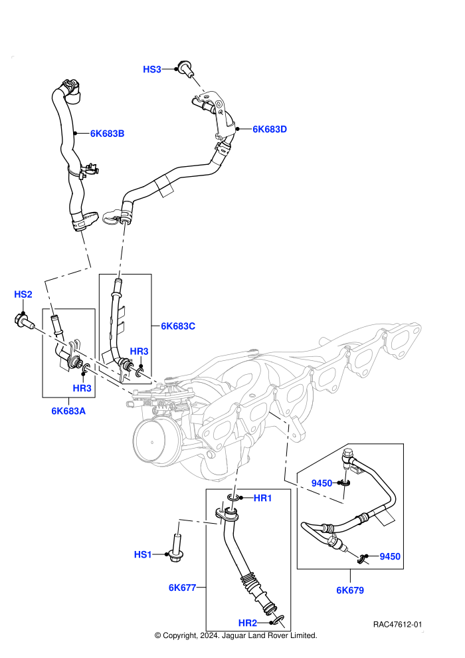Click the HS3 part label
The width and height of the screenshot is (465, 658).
pyautogui.click(x=151, y=69)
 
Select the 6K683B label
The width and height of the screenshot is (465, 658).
pyautogui.click(x=108, y=134)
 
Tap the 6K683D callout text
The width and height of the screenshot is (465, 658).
pyautogui.click(x=270, y=129)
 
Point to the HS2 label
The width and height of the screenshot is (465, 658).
pyautogui.click(x=23, y=294)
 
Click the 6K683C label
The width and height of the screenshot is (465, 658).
pyautogui.click(x=178, y=326)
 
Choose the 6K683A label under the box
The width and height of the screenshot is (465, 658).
pyautogui.click(x=68, y=411)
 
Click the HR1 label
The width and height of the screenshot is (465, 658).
pyautogui.click(x=263, y=498)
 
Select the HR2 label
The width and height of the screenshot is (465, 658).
pyautogui.click(x=247, y=623)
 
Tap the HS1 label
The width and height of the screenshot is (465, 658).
pyautogui.click(x=143, y=554)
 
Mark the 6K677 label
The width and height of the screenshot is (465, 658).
pyautogui.click(x=183, y=588)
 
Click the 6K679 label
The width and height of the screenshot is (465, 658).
pyautogui.click(x=350, y=590)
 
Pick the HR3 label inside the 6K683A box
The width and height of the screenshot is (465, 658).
pyautogui.click(x=82, y=388)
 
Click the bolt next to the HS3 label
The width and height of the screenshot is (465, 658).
pyautogui.click(x=186, y=69)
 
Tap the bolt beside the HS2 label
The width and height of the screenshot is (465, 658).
pyautogui.click(x=25, y=322)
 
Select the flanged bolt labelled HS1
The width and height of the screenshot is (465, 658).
pyautogui.click(x=176, y=548)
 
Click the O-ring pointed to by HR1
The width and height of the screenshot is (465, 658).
pyautogui.click(x=234, y=498)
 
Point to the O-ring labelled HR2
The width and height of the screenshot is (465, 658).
pyautogui.click(x=278, y=621)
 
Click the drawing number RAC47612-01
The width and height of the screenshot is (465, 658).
pyautogui.click(x=397, y=624)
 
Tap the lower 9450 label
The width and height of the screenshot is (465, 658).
pyautogui.click(x=390, y=556)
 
